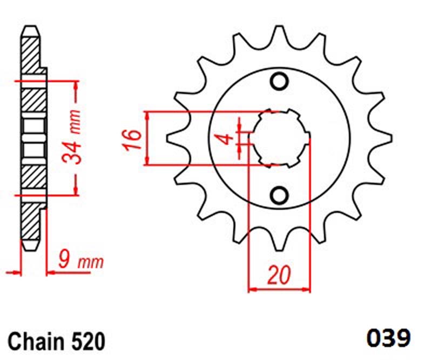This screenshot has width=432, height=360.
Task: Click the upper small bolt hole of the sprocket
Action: (279, 82)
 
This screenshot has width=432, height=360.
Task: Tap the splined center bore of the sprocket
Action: (279, 138)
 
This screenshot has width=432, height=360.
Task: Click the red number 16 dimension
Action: (133, 139)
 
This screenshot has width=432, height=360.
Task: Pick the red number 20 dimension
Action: (279, 275)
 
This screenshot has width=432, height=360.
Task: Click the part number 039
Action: (388, 338)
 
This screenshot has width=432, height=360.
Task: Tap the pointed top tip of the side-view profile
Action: (30, 26)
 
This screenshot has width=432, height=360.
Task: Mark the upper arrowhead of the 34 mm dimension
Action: (76, 86)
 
